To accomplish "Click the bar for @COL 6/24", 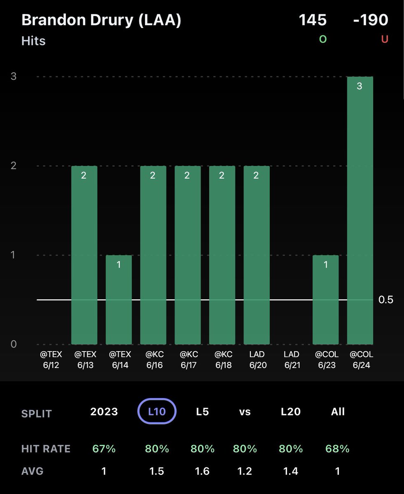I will (x=360, y=210).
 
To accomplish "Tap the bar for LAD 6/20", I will (x=257, y=255).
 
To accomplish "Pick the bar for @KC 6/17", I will (x=188, y=255).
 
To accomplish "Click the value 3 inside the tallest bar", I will (x=360, y=87).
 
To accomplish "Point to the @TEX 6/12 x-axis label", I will (x=50, y=359).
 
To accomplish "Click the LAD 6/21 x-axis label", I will (x=291, y=359).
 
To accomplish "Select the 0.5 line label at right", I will (x=386, y=300).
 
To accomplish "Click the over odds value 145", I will (x=313, y=20).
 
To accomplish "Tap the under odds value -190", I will (x=371, y=20).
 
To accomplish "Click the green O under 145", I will (x=322, y=40).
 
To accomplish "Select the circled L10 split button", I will (x=156, y=411).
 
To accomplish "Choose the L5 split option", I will (x=203, y=412).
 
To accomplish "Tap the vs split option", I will (x=245, y=412).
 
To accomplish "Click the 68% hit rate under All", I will (x=337, y=448).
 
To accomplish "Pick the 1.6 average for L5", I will (x=203, y=471).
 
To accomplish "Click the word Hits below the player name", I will (x=33, y=41).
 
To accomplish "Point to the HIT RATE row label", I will (x=46, y=449).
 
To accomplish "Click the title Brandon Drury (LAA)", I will (x=101, y=20).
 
